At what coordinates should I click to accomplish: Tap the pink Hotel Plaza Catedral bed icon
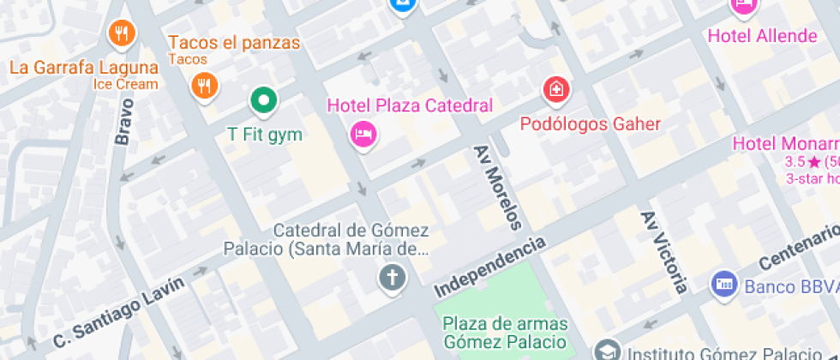(363, 133)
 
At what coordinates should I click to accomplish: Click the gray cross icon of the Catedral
(393, 278)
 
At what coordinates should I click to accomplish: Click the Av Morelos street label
(497, 188)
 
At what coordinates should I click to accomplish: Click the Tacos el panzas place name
(234, 42)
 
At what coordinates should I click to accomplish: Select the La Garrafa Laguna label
(83, 68)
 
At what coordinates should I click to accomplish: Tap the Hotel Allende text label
(762, 36)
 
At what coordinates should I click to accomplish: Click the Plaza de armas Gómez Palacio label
(505, 333)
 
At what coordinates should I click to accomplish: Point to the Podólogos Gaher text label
(591, 124)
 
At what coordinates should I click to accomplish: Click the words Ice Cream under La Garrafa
(126, 84)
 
